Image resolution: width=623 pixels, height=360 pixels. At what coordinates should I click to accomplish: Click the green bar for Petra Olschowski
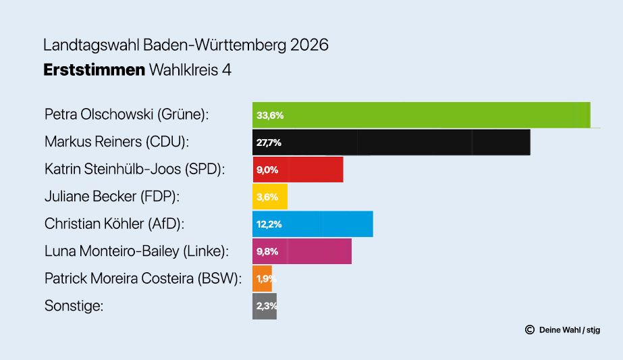(x=421, y=115)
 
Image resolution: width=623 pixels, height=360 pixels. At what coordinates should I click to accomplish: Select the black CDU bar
(x=391, y=143)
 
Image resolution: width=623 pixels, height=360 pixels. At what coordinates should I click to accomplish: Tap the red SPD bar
(x=298, y=170)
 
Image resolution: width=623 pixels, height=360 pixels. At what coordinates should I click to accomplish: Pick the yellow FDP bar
(x=270, y=197)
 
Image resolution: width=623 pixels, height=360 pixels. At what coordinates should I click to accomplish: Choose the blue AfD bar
(x=313, y=224)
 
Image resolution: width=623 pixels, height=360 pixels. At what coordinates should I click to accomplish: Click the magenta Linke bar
(x=302, y=251)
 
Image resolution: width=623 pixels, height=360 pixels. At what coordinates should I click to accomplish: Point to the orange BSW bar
(x=262, y=278)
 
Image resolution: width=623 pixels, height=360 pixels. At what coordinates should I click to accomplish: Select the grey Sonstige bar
(x=264, y=306)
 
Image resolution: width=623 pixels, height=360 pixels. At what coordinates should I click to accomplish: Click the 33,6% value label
(x=270, y=115)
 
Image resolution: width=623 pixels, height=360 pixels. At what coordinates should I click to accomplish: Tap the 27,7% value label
(x=269, y=143)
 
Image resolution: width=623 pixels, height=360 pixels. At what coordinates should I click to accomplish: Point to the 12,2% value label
(x=269, y=224)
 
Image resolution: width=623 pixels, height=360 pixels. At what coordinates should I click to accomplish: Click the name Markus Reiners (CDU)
(x=117, y=142)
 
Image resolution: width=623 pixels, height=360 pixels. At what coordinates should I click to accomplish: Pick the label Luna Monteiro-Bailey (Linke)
(x=137, y=251)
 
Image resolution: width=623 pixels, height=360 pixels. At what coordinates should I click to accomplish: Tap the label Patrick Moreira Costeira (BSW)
(x=142, y=278)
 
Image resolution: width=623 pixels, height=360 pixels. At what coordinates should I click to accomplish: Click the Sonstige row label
(x=74, y=306)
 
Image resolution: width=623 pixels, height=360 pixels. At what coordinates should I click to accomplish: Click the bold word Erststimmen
(x=94, y=70)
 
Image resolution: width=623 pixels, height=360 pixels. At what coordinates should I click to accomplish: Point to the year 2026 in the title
(x=309, y=45)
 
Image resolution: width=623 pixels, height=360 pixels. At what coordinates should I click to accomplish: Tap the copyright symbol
(x=530, y=330)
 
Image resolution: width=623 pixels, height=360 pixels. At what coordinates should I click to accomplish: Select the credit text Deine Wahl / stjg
(x=570, y=330)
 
